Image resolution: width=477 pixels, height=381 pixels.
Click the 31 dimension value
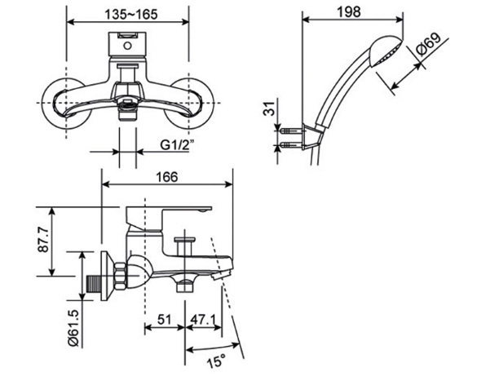pyautogui.click(x=269, y=109)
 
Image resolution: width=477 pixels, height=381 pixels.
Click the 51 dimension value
pyautogui.click(x=164, y=321)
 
